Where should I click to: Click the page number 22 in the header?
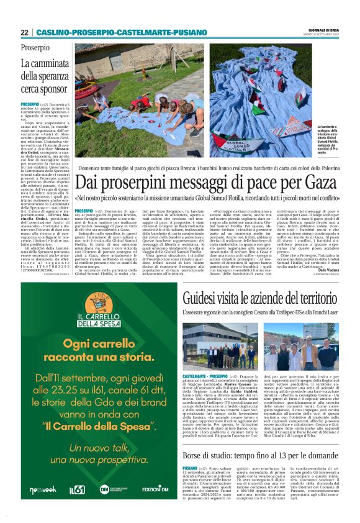[25, 32]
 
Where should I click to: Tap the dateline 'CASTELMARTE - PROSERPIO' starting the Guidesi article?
[205, 377]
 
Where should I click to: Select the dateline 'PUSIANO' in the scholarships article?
[190, 468]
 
